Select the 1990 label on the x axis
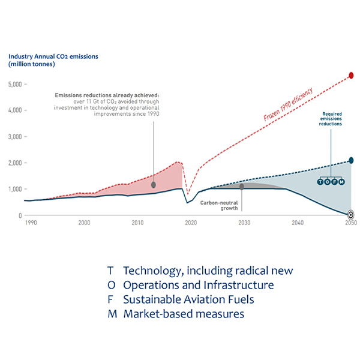(x=30, y=223)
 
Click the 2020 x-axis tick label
(x=191, y=223)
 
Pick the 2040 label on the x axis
(x=297, y=223)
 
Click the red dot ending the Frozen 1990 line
(x=351, y=76)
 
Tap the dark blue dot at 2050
(x=351, y=161)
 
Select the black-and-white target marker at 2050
(x=351, y=213)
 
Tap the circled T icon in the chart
(x=320, y=181)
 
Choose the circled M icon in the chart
(x=342, y=181)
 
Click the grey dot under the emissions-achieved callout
(x=154, y=184)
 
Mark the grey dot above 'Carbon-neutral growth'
(x=242, y=187)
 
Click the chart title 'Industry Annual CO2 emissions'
(x=53, y=57)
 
